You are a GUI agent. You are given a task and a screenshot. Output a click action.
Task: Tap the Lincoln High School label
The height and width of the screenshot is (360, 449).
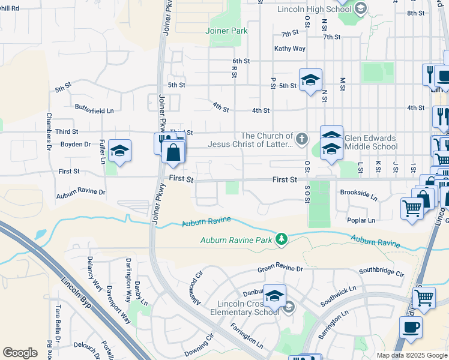pyautogui.click(x=314, y=10)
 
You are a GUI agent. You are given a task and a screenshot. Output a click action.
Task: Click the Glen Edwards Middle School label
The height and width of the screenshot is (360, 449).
pyautogui.click(x=370, y=142)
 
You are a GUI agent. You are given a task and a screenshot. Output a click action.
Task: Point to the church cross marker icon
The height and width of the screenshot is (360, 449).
pyautogui.click(x=301, y=140)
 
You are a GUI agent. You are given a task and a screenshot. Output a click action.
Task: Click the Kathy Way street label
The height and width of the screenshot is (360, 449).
pyautogui.click(x=290, y=49)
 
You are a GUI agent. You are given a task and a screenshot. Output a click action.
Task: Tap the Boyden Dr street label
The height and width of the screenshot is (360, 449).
pyautogui.click(x=76, y=145)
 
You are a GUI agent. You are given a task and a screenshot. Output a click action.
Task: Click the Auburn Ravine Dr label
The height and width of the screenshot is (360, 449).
pyautogui.click(x=80, y=194)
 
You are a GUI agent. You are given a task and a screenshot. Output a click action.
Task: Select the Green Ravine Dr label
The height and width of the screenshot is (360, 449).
pyautogui.click(x=281, y=269)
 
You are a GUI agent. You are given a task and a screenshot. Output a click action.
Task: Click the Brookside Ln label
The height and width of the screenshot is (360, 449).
pyautogui.click(x=358, y=197)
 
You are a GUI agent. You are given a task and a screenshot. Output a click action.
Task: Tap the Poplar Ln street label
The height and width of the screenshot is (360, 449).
pyautogui.click(x=361, y=220)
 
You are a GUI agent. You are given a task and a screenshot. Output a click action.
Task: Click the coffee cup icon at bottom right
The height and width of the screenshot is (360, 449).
pyautogui.click(x=411, y=327)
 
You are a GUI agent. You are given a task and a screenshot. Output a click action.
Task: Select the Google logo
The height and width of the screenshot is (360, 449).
pyautogui.click(x=20, y=353)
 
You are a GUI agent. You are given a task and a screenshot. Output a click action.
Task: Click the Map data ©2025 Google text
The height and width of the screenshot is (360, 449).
pyautogui.click(x=412, y=355)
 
